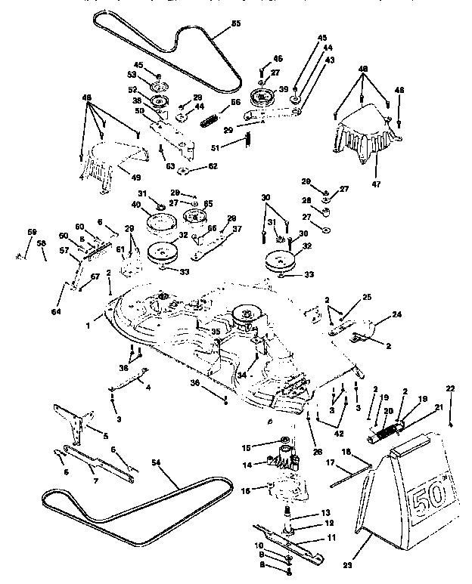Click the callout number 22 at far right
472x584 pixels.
tap(451, 389)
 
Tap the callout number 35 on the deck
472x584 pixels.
tap(216, 331)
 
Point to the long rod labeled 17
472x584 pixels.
tap(350, 470)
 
